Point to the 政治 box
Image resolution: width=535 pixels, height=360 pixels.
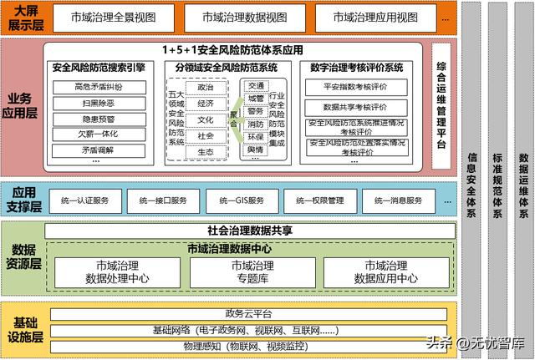tap(206, 87)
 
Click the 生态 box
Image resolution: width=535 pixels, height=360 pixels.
tap(206, 151)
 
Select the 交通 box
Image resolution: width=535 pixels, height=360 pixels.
tap(256, 84)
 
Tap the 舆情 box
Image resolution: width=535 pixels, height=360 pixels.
tap(256, 150)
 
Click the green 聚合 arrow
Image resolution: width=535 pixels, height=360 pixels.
tap(235, 117)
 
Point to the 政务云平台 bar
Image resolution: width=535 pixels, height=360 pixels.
tap(245, 314)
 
